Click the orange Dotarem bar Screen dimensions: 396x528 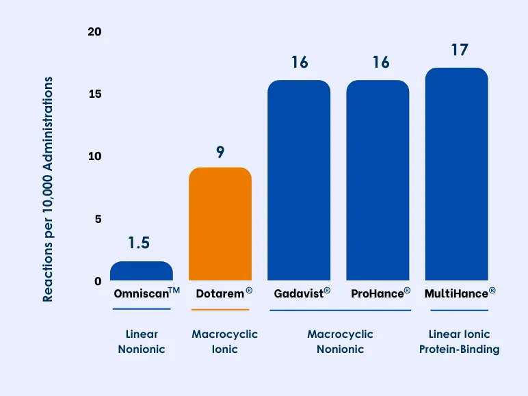(220, 224)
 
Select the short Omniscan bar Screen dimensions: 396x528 (142, 271)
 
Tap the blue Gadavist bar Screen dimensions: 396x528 (299, 181)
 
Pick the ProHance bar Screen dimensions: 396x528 (378, 181)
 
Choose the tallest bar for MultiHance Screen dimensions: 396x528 (456, 174)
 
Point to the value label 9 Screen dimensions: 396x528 (220, 152)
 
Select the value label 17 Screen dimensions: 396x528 (459, 51)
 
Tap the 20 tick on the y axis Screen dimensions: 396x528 (94, 32)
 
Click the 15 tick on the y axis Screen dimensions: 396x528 (94, 94)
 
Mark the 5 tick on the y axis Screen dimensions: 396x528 (98, 219)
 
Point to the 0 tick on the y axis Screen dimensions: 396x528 (98, 281)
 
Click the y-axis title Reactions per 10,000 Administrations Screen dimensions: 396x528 (48, 188)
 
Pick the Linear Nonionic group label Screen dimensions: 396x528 (142, 342)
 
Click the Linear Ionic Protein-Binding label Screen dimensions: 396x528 (459, 342)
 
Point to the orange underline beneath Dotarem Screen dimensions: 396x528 (220, 310)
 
